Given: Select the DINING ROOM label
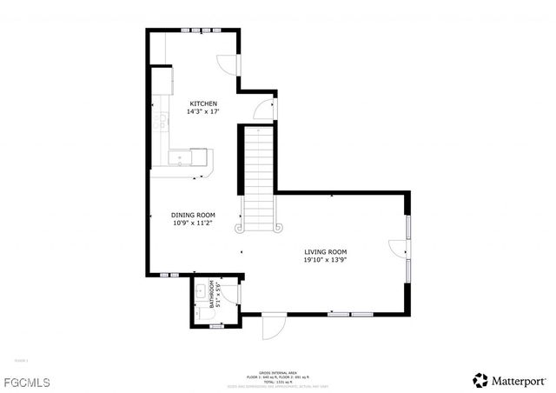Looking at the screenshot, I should click(193, 215).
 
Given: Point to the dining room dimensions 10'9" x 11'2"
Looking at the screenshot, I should click(193, 223).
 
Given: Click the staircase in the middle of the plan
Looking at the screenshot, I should click(257, 178).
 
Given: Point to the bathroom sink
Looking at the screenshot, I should click(199, 290).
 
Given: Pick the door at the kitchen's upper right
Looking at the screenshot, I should click(226, 65).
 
